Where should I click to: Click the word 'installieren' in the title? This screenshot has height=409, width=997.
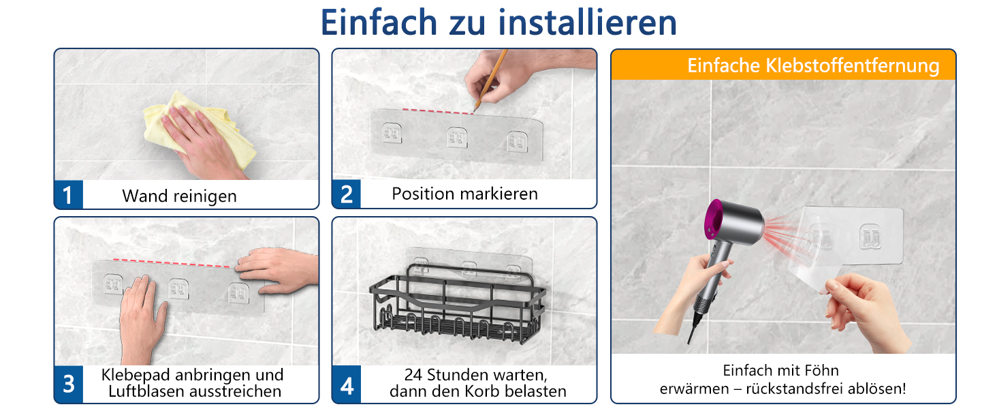click(587, 22)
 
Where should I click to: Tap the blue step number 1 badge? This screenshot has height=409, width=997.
click(69, 195)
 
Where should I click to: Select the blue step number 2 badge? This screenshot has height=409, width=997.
click(346, 194)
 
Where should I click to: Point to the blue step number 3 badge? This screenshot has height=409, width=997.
click(69, 384)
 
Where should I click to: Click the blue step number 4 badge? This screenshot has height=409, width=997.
click(347, 384)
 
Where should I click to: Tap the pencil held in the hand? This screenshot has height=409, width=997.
click(490, 80)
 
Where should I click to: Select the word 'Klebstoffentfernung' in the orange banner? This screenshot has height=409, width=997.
click(852, 65)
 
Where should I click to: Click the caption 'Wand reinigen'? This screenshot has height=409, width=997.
click(179, 196)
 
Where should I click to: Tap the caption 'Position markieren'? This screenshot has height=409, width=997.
click(464, 194)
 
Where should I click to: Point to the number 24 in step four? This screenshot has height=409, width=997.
click(413, 375)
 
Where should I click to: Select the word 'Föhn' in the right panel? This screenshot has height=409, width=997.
click(822, 370)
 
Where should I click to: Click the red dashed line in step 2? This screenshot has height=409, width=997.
click(438, 111)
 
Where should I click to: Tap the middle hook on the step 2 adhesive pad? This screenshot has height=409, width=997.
click(457, 137)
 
